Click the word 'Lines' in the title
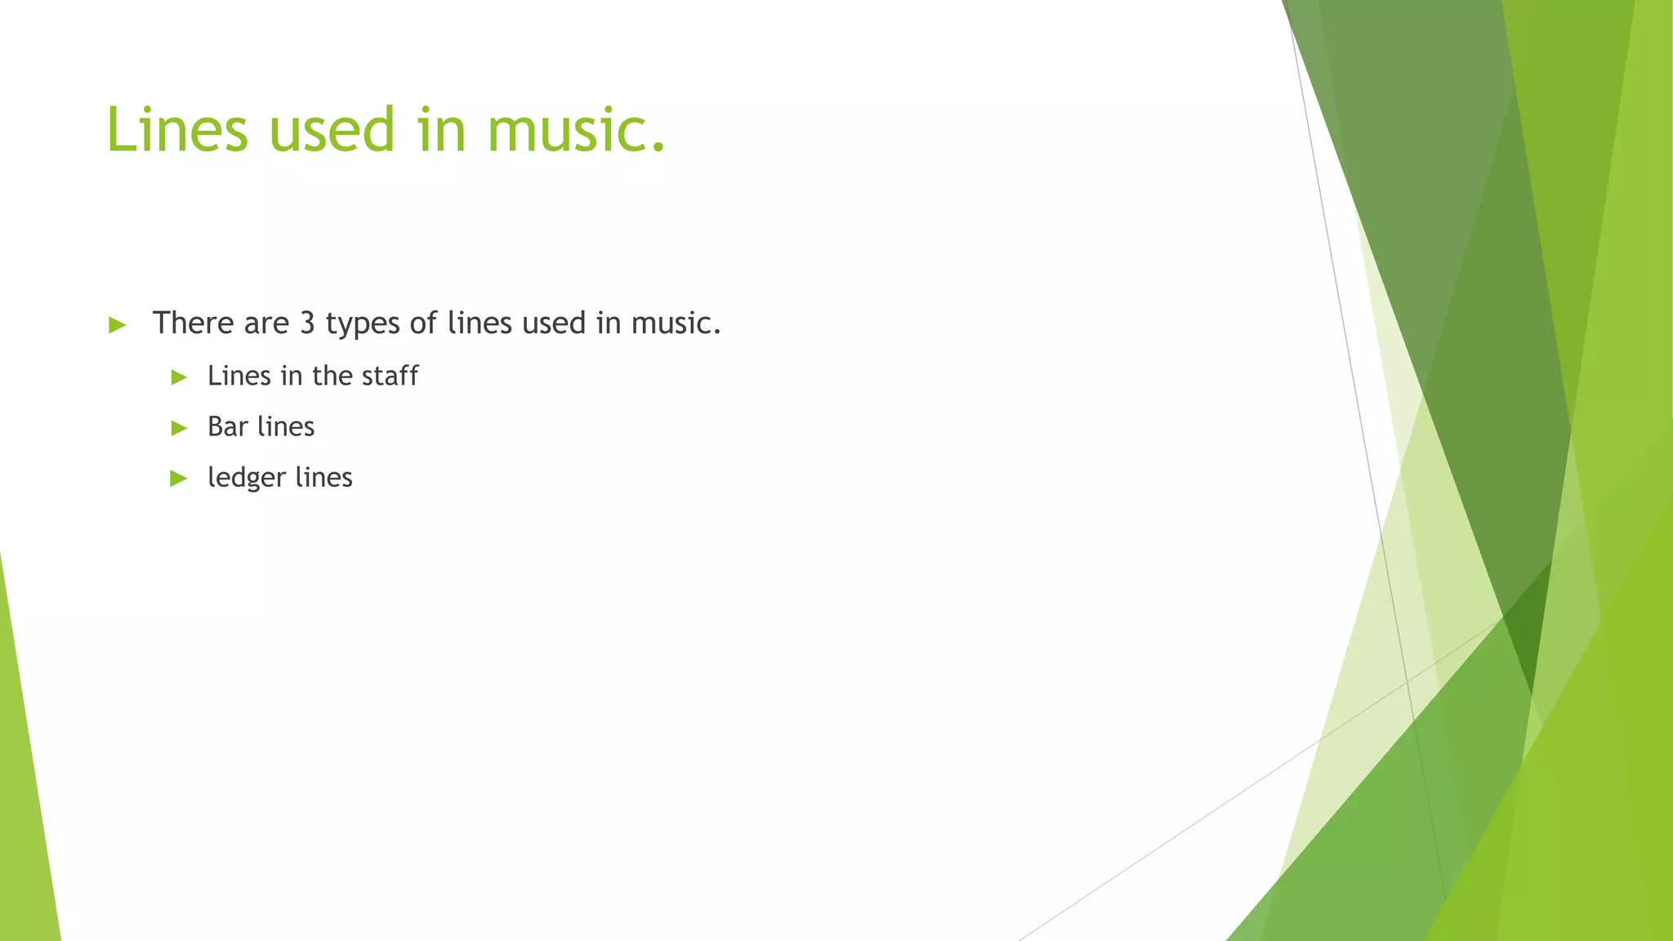coord(176,130)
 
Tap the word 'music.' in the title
coord(577,130)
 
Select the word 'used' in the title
coord(332,130)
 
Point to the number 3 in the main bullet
coord(307,323)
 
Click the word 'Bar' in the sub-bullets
coord(227,426)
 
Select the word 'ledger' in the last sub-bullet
coord(246,478)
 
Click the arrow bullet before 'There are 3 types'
coord(117,325)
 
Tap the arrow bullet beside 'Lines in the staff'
coord(179,377)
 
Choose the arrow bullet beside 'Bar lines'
coord(179,428)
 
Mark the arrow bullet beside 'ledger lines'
coord(179,479)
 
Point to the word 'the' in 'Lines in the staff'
coord(332,376)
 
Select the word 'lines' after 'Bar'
coord(285,426)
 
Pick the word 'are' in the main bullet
coord(266,323)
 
